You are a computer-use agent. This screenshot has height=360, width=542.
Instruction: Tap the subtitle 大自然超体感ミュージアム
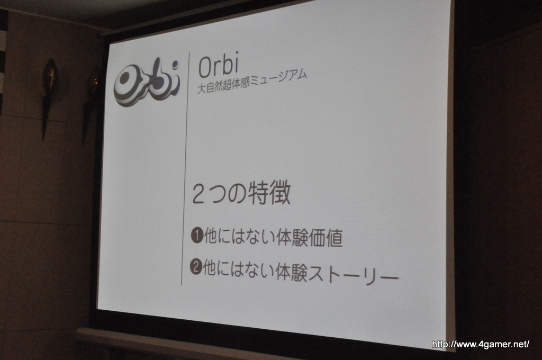click(251, 82)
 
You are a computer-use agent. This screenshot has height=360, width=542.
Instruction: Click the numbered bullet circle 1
click(197, 236)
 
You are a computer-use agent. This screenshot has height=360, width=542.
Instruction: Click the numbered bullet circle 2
click(196, 267)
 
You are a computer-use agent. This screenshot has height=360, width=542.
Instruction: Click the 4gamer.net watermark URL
click(481, 344)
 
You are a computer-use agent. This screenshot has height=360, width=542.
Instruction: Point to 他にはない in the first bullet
click(239, 237)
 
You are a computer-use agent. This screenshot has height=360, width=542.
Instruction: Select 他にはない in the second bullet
click(238, 269)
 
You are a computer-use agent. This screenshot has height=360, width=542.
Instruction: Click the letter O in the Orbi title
click(205, 67)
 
